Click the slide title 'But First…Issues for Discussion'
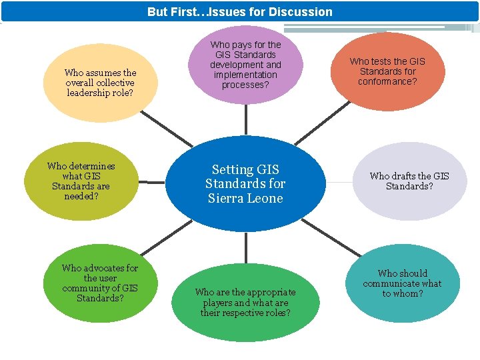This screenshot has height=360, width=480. pos(240,11)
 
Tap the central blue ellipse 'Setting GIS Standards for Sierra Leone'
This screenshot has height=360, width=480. pos(245,183)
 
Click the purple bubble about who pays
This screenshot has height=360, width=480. pos(245,64)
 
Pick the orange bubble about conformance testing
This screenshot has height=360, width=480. pos(387,71)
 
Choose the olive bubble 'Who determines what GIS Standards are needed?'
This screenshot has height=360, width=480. pos(81,181)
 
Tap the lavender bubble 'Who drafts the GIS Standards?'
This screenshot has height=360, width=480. pos(409,181)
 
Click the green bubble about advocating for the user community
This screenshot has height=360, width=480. pos(99,283)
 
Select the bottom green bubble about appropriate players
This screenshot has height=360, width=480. pos(245,302)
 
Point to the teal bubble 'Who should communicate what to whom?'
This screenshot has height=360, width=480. pos(402,283)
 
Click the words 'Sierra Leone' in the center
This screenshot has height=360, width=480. pos(245,198)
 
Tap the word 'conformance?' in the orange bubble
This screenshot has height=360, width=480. pos(387,81)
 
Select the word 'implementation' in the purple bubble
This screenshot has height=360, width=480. pos(245,75)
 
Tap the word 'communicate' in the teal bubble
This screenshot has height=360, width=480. pos(402,283)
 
